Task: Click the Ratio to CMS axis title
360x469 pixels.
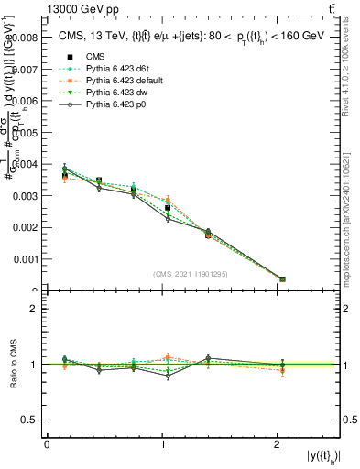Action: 14,365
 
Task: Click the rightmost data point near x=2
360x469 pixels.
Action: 282,278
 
